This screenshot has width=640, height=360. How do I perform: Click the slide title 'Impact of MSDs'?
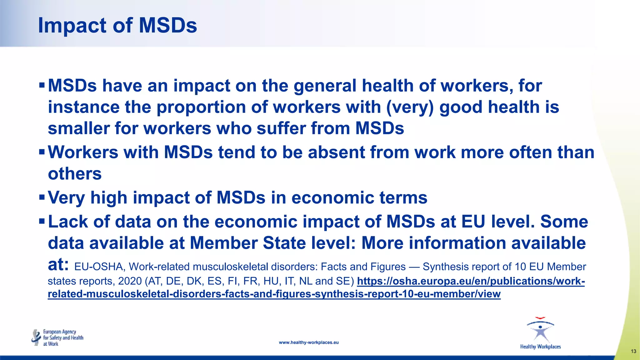pos(117,25)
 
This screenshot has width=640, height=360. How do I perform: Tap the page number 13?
pos(633,351)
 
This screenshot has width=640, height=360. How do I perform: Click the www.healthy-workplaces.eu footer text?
pos(308,342)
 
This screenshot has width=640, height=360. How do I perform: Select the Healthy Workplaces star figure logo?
pos(540,331)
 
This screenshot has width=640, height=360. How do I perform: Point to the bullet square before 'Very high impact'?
pos(42,197)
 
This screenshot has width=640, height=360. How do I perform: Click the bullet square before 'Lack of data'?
pos(42,221)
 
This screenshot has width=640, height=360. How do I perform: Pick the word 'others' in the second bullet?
pos(75,174)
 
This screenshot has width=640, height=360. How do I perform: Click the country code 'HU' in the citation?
pos(271,281)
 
